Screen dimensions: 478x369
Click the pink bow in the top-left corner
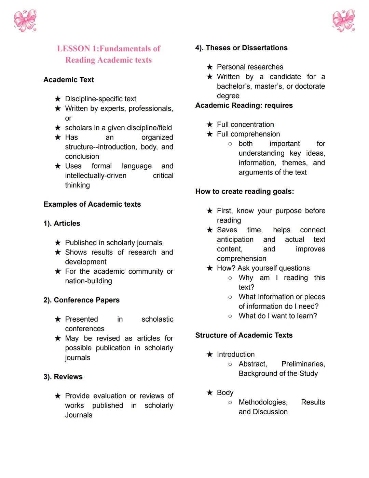click(x=25, y=21)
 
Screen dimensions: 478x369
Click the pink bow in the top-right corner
click(x=344, y=21)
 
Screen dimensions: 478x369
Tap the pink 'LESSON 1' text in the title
click(x=78, y=49)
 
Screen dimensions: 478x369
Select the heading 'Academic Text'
click(x=69, y=80)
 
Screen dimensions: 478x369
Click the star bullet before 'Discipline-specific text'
click(x=58, y=99)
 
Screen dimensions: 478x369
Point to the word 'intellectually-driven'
click(x=96, y=176)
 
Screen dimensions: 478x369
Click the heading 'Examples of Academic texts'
click(x=92, y=204)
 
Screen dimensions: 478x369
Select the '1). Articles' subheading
click(x=62, y=223)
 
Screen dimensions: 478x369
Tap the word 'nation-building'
click(x=88, y=281)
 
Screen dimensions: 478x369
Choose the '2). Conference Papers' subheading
click(x=81, y=300)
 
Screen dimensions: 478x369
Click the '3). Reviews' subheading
click(x=63, y=377)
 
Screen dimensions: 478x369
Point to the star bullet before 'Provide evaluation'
click(x=58, y=396)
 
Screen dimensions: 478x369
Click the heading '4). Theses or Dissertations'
click(x=241, y=48)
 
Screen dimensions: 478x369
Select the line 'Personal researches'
click(x=250, y=67)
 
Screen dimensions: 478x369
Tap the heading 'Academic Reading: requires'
click(x=244, y=105)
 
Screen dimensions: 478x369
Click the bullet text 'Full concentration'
click(x=245, y=125)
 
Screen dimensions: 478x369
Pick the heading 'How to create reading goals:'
click(x=244, y=192)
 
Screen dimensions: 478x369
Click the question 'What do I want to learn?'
click(x=278, y=316)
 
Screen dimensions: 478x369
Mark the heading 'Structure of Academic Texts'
click(x=244, y=335)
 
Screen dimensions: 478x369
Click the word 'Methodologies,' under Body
click(x=263, y=402)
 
